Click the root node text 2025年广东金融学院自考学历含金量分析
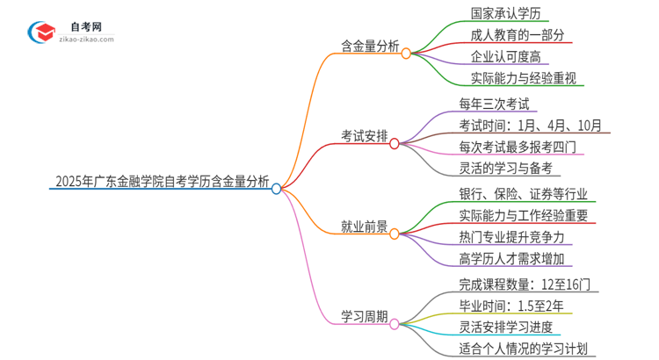(x=162, y=183)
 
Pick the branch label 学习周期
(x=364, y=316)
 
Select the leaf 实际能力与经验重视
(x=516, y=80)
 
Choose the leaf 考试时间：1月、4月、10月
(x=530, y=126)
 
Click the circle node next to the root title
(x=276, y=188)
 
